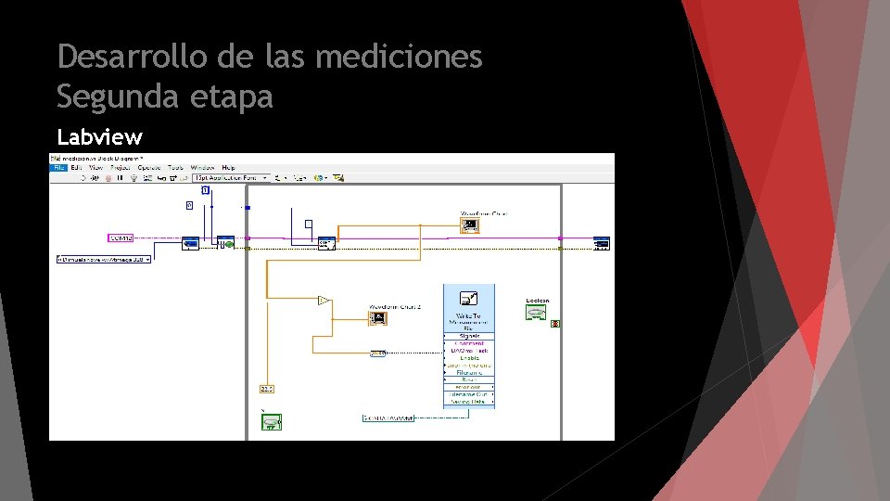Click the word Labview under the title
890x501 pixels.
point(99,137)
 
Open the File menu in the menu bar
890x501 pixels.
point(58,168)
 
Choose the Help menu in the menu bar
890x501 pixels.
point(228,168)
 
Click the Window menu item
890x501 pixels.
point(202,168)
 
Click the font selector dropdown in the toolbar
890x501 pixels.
point(231,177)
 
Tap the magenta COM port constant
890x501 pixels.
point(121,238)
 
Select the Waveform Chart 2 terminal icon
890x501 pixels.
point(377,317)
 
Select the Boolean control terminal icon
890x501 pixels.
point(535,313)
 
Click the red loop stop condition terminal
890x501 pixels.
point(555,323)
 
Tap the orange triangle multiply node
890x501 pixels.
point(323,301)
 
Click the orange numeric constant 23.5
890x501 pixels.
point(266,388)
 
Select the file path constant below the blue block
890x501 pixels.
point(388,417)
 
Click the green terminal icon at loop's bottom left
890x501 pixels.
point(270,422)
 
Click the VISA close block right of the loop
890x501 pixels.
point(602,243)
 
